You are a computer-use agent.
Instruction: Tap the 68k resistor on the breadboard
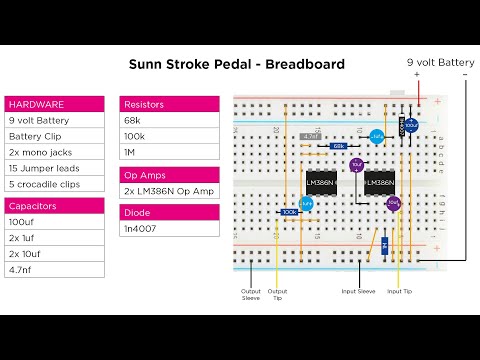(x=338, y=146)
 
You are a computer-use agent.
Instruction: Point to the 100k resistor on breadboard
(x=290, y=212)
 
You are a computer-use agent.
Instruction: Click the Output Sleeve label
(x=251, y=295)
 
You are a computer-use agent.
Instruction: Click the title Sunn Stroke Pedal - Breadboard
(x=237, y=64)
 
